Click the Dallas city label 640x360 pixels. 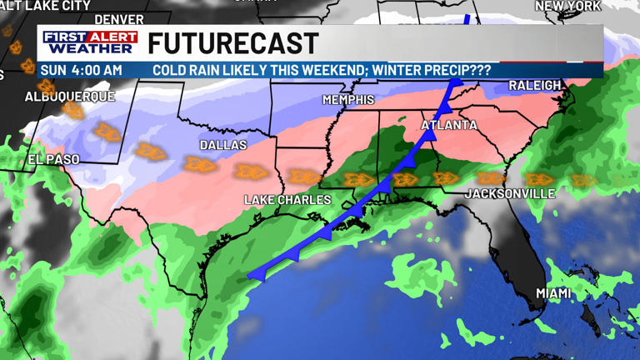[x=223, y=145]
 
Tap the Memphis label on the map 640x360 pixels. [x=348, y=100]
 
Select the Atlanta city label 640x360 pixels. [x=449, y=126]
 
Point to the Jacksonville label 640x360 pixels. [x=510, y=193]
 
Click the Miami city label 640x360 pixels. [x=553, y=293]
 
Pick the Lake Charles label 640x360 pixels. [x=287, y=200]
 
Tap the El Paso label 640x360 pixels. [x=53, y=159]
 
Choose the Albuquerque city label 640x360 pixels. [x=69, y=97]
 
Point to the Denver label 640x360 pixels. [x=119, y=19]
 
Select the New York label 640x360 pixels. [x=567, y=6]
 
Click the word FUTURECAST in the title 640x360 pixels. [x=233, y=43]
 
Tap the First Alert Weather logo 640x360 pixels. [x=91, y=42]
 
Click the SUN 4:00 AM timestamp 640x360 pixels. [x=81, y=71]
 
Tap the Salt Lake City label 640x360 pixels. [x=46, y=5]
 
